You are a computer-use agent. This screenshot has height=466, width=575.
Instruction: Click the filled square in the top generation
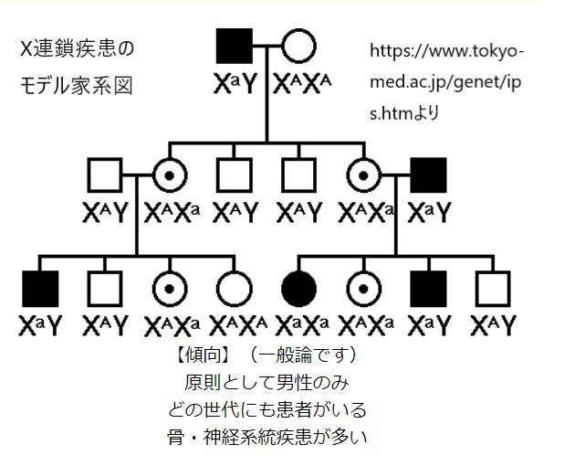[x=235, y=48]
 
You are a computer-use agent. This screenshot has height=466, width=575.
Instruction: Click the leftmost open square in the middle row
[x=106, y=175]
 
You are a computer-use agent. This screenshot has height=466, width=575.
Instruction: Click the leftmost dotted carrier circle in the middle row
[x=170, y=175]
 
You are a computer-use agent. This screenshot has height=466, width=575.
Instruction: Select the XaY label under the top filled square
[x=235, y=84]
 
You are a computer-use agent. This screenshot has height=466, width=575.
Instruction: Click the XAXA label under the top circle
[x=298, y=84]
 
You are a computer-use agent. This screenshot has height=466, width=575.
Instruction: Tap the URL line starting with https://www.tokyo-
[x=447, y=49]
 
